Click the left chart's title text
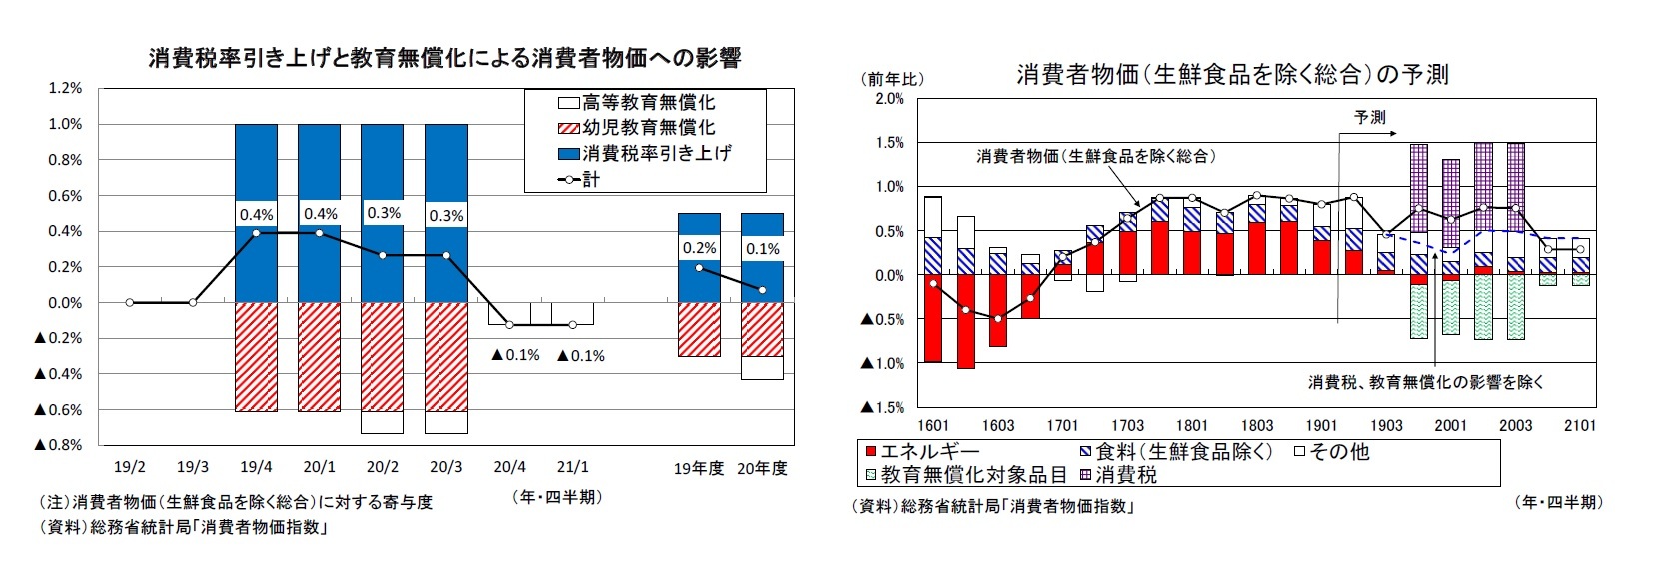click(445, 58)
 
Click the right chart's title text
click(1231, 74)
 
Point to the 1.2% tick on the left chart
click(65, 88)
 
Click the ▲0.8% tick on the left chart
click(58, 445)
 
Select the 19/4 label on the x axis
click(256, 467)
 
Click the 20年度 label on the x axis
click(762, 468)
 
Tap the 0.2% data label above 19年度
click(699, 248)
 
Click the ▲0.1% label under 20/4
click(516, 355)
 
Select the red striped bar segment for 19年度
click(699, 329)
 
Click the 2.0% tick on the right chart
click(889, 99)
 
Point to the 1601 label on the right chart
click(933, 425)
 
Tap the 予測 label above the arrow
click(1370, 118)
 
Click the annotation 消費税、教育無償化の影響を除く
click(1426, 382)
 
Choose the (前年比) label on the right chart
click(893, 78)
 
